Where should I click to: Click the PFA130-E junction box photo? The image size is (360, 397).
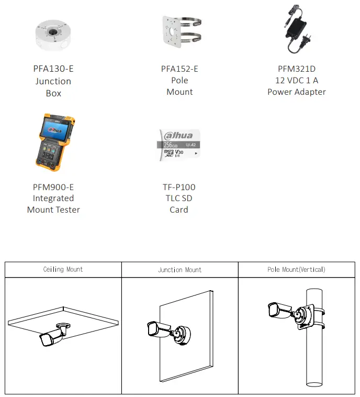click(x=53, y=35)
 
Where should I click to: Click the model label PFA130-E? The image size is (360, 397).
click(x=53, y=69)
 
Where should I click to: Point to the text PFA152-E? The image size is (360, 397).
click(x=179, y=69)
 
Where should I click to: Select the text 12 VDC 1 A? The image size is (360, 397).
click(x=296, y=81)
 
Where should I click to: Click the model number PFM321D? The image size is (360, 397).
click(x=296, y=69)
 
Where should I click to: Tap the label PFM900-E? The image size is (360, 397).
click(x=53, y=187)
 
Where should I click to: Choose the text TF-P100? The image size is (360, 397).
click(x=179, y=187)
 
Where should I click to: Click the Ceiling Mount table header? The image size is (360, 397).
click(x=63, y=270)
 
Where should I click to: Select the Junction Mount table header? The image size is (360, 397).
click(x=179, y=270)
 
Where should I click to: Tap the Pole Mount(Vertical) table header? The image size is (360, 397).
click(x=296, y=270)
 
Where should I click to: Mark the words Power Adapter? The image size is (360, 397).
click(x=296, y=92)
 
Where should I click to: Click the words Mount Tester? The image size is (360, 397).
click(x=53, y=210)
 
